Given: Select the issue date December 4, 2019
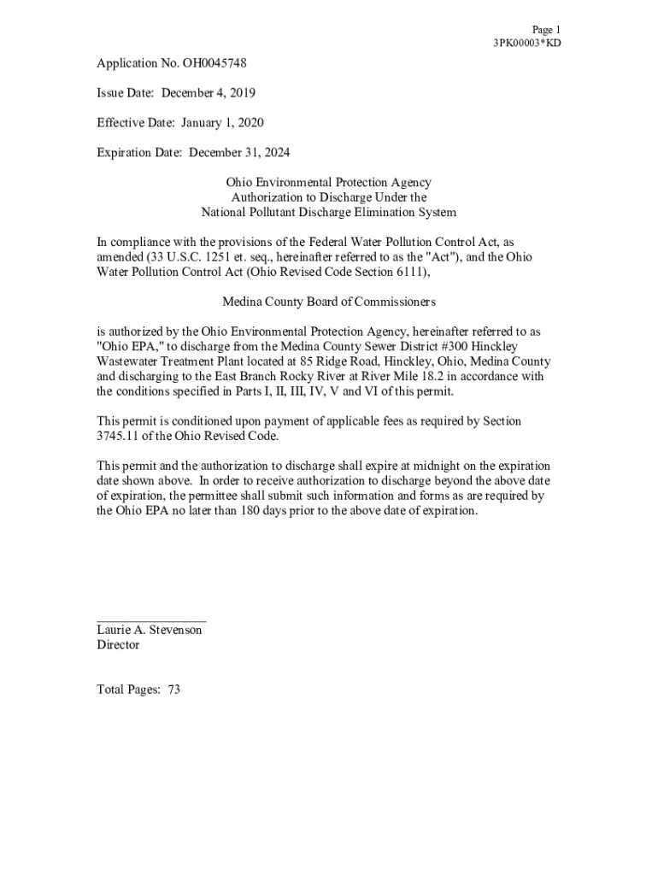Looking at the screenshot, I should (208, 93).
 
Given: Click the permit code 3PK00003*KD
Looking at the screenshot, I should (526, 44).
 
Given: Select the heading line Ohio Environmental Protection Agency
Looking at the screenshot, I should (328, 183).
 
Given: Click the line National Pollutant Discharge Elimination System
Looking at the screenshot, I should (328, 212).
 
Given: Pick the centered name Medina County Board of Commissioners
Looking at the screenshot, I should (328, 302).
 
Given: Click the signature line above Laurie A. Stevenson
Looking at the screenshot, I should (150, 620).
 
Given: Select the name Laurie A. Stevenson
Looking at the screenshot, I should (150, 630).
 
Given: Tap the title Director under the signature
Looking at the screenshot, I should (118, 645).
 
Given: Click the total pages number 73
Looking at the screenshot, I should (173, 690).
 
